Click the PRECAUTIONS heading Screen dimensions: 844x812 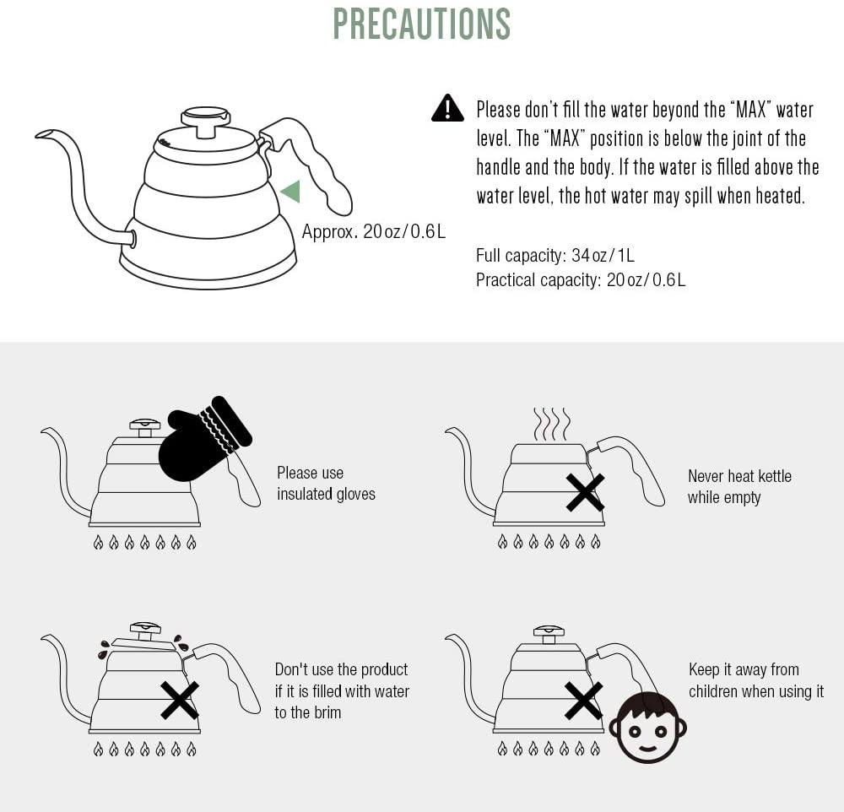(422, 24)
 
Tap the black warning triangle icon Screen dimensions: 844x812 (447, 108)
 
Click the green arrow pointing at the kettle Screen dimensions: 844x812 (290, 192)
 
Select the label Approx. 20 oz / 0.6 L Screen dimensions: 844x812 (374, 231)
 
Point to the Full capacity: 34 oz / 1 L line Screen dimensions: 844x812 (555, 255)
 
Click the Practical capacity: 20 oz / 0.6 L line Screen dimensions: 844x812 (581, 280)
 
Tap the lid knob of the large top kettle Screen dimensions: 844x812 (206, 121)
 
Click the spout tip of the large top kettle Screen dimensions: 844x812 (43, 133)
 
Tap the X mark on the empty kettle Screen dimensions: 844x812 (585, 493)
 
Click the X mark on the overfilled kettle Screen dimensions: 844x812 (180, 701)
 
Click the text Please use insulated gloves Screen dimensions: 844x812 (326, 484)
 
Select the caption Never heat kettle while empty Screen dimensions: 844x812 (739, 487)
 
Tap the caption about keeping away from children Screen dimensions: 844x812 (756, 680)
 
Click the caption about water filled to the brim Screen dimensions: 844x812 (342, 690)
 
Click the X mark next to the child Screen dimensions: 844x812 (583, 701)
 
